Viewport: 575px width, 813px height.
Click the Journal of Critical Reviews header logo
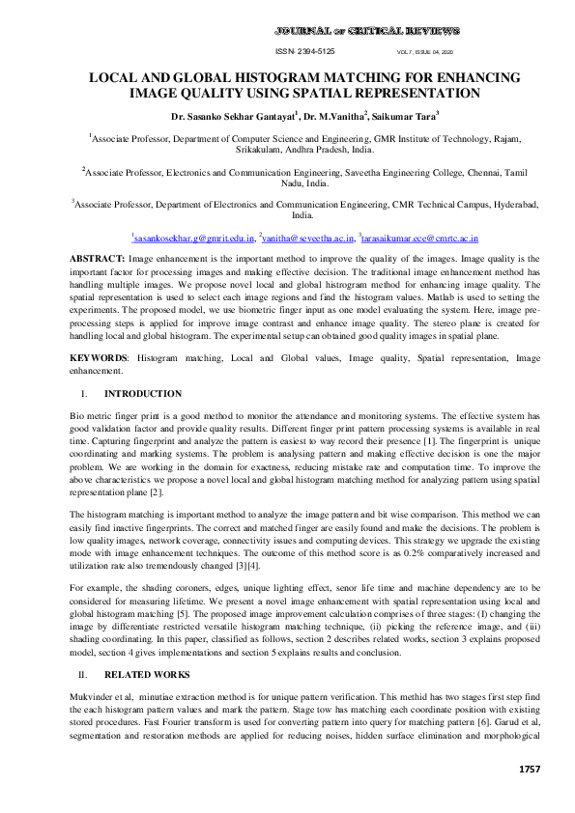(366, 31)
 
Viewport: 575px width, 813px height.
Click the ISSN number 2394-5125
(305, 51)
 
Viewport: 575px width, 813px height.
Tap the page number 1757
(528, 769)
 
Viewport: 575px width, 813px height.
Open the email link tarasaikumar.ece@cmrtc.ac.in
(421, 237)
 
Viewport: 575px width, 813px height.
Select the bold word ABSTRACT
(98, 260)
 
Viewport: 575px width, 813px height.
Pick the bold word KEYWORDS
(100, 357)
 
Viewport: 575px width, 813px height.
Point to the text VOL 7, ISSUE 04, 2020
(424, 51)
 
